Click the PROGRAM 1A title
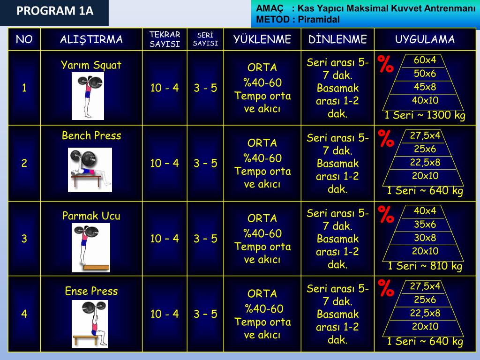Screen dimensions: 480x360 pos(55,11)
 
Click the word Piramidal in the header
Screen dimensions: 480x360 pos(319,20)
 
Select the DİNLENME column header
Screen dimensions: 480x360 pos(337,39)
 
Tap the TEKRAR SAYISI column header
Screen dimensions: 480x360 pos(165,39)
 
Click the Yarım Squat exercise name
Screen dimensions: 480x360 pos(91,65)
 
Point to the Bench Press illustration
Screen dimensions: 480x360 pos(90,170)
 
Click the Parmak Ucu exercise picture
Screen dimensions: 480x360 pos(91,247)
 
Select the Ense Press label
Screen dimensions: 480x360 pos(91,291)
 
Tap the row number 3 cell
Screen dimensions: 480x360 pos(24,239)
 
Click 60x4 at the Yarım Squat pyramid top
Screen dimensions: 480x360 pos(425,60)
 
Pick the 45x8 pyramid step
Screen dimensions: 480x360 pos(425,87)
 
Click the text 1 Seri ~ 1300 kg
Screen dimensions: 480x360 pos(425,115)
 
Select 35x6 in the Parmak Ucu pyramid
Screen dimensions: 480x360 pos(425,225)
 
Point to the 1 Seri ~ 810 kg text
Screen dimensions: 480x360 pos(425,266)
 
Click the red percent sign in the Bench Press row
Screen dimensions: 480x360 pos(386,138)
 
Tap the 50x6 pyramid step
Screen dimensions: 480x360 pos(425,74)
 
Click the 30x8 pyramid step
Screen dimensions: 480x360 pos(425,238)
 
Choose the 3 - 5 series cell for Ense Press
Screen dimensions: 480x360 pos(205,314)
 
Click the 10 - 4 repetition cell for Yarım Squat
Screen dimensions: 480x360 pos(165,88)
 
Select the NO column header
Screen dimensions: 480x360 pos(24,39)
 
